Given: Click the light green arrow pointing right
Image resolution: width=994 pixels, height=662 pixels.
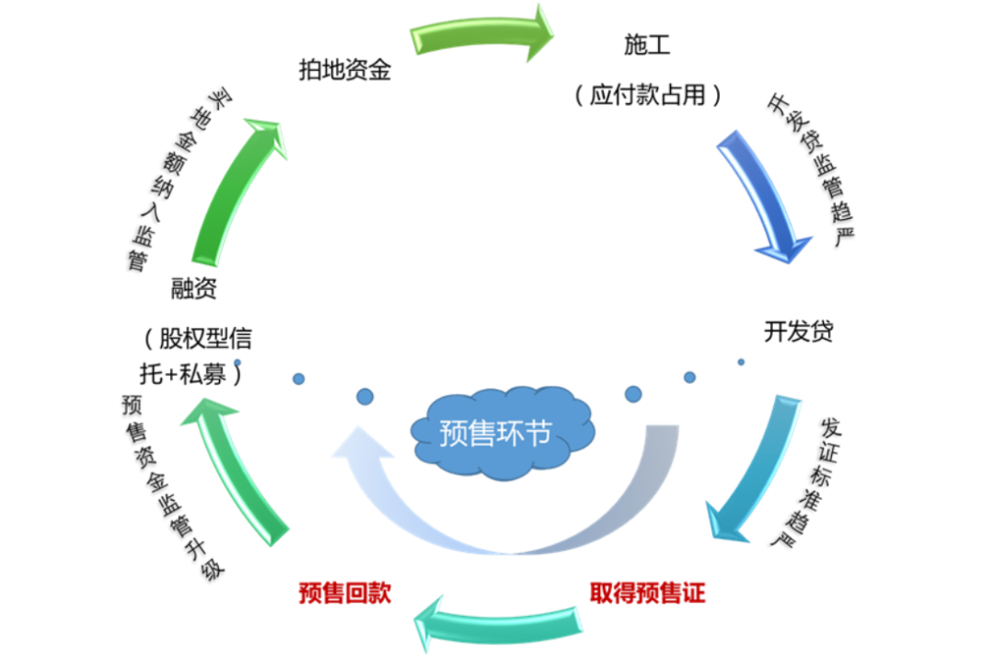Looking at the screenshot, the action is (479, 35).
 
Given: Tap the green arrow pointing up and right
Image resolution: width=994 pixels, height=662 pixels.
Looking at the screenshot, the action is (235, 193).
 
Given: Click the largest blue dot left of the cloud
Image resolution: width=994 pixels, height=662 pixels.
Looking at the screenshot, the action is (365, 397).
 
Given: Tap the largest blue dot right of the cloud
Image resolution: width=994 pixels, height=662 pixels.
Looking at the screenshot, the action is (633, 394).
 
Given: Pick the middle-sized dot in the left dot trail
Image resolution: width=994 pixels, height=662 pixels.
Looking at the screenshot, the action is (298, 378).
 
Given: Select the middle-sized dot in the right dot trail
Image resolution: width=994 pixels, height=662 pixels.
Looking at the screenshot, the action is (689, 377).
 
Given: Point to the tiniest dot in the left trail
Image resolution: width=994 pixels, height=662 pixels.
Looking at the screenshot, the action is (237, 362).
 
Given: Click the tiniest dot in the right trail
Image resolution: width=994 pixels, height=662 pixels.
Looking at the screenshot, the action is (741, 362).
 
